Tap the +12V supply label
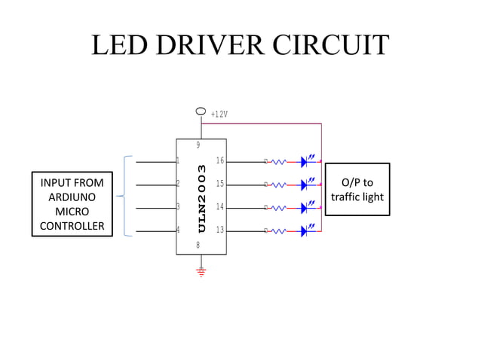(219, 114)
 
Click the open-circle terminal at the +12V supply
(201, 111)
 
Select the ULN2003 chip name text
(201, 198)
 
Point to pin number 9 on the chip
(198, 145)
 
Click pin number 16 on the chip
(219, 160)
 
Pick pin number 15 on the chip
(219, 184)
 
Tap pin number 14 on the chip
(219, 206)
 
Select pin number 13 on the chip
(219, 230)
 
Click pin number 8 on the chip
(198, 245)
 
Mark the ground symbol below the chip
(201, 272)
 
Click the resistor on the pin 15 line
(278, 184)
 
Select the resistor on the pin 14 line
(278, 207)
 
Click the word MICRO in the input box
(72, 212)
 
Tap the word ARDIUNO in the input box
(72, 197)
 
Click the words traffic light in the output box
(357, 197)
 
